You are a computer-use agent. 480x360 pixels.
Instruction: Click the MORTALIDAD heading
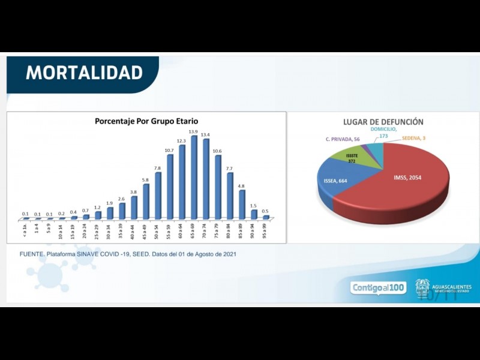84,73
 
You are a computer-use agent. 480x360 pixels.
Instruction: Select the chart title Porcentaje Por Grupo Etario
146,121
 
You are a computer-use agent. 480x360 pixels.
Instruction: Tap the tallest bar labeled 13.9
194,177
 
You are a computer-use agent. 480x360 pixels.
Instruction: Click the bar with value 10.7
170,187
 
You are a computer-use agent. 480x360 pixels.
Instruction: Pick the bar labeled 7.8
158,196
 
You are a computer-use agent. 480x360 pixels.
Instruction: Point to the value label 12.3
181,140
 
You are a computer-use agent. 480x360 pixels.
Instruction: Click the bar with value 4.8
242,204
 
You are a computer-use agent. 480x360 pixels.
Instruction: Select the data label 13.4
205,134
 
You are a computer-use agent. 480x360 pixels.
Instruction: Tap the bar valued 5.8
146,201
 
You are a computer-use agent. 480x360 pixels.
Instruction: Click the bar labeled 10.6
218,187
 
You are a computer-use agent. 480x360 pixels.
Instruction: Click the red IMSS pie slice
408,180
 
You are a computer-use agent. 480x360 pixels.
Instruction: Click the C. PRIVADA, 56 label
343,139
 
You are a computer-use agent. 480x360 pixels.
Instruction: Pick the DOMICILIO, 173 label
383,133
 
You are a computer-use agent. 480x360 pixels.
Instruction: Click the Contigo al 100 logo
378,288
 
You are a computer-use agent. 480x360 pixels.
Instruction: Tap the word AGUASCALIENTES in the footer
451,286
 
